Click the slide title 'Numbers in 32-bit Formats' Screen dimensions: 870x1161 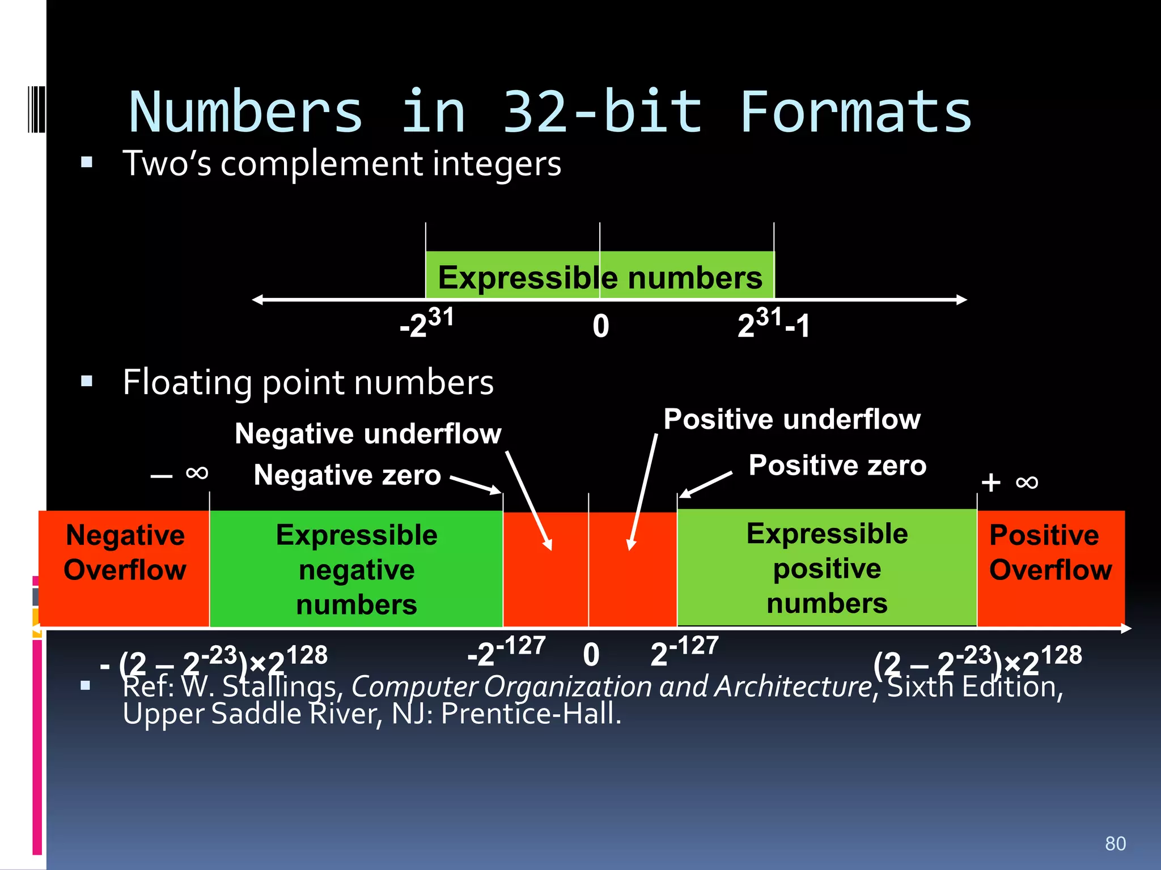point(550,112)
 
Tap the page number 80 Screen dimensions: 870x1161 point(1115,843)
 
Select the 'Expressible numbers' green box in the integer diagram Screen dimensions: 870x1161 point(600,276)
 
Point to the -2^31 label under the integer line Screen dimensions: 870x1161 point(426,324)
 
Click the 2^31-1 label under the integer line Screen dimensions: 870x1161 point(773,324)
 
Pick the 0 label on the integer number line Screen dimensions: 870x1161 point(601,326)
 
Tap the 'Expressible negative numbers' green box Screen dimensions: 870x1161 point(357,569)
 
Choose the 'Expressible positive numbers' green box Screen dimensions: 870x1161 point(827,568)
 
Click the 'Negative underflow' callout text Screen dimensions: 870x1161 point(368,434)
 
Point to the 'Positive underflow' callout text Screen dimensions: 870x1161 point(792,419)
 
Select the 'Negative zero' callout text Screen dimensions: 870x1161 point(347,475)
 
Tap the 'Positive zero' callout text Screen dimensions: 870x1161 point(837,466)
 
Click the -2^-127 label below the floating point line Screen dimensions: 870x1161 point(506,651)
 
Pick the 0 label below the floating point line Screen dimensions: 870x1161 point(591,655)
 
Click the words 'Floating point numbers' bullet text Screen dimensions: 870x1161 point(308,382)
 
